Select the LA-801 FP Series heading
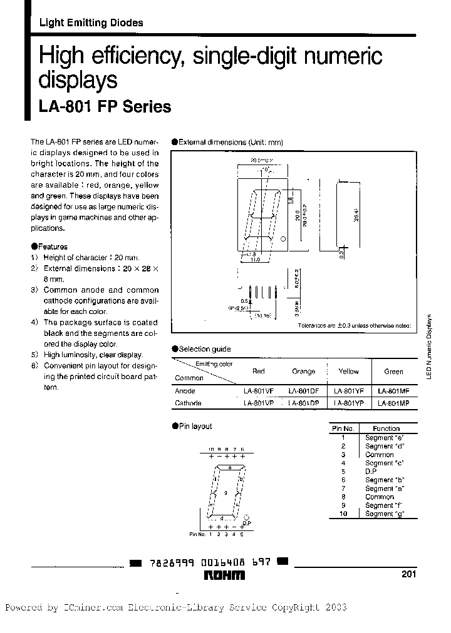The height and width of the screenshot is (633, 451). point(105,107)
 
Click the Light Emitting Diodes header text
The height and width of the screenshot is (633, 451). point(91,23)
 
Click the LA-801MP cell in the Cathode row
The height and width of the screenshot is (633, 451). point(393,403)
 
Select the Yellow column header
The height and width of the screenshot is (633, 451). point(348,371)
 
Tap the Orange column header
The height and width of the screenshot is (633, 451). point(303,371)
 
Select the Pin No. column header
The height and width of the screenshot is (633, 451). point(343,428)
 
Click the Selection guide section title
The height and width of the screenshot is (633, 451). point(204,349)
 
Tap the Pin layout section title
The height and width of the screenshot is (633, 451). point(195,426)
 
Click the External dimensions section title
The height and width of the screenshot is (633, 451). point(231,143)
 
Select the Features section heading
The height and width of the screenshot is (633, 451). point(52,246)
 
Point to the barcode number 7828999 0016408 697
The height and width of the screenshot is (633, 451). point(209,563)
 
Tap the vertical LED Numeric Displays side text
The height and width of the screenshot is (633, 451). point(430,346)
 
